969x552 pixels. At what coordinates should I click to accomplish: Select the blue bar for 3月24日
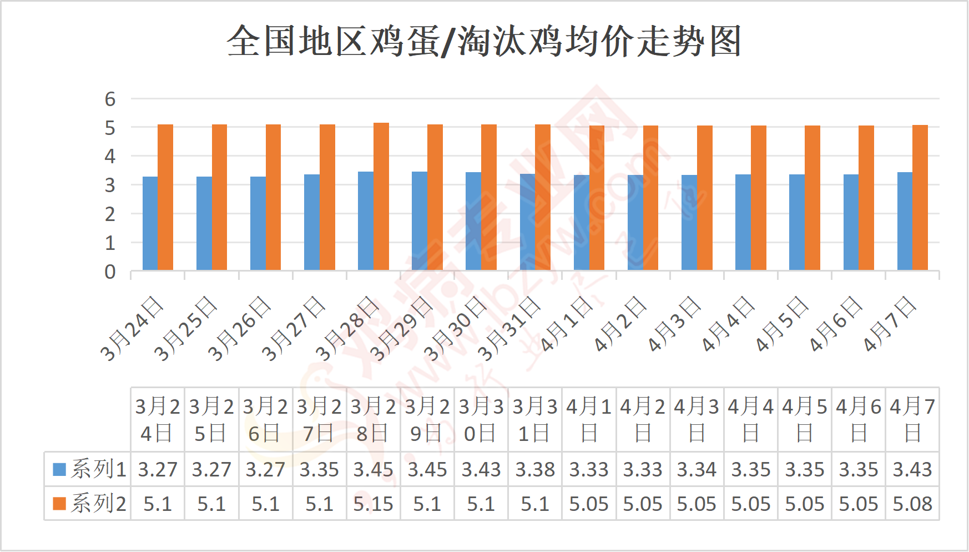tap(150, 223)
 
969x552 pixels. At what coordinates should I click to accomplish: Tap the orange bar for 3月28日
tap(381, 197)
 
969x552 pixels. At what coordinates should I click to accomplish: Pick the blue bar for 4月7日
tap(905, 221)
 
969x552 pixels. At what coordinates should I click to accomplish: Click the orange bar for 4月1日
tap(597, 198)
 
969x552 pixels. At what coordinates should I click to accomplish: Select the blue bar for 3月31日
tap(527, 222)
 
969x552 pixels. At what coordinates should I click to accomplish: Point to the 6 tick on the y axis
tap(110, 99)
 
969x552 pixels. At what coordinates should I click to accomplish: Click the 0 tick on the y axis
tap(110, 272)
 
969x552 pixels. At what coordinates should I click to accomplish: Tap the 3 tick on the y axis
tap(110, 185)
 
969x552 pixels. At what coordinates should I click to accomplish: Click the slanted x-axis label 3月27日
tap(292, 329)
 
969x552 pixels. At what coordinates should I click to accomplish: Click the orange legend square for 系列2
tap(59, 504)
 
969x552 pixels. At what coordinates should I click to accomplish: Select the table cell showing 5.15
tap(373, 504)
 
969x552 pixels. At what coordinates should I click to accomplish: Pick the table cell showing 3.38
tap(535, 469)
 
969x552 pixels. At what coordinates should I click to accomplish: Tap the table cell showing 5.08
tap(912, 504)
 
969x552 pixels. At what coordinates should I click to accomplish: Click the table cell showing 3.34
tap(697, 469)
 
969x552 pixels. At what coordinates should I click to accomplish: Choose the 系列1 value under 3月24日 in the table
tap(158, 469)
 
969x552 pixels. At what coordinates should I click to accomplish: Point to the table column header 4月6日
tap(859, 419)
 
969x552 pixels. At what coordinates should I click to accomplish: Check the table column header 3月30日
tap(481, 419)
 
